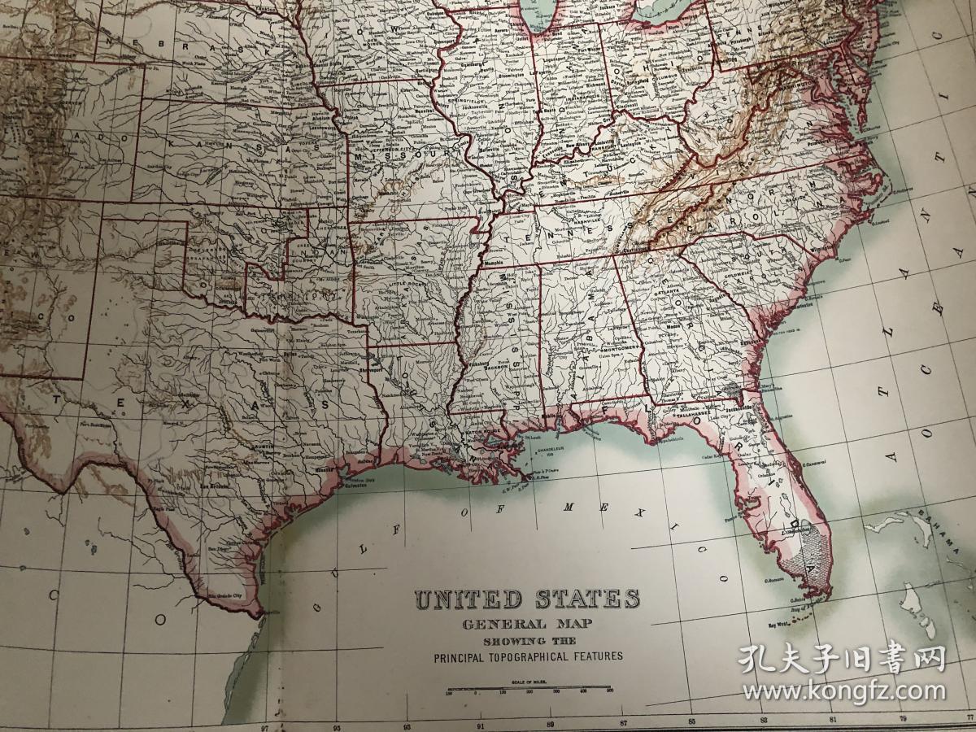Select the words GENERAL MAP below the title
(x=526, y=625)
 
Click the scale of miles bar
(x=529, y=691)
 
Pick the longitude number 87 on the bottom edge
(x=623, y=722)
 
